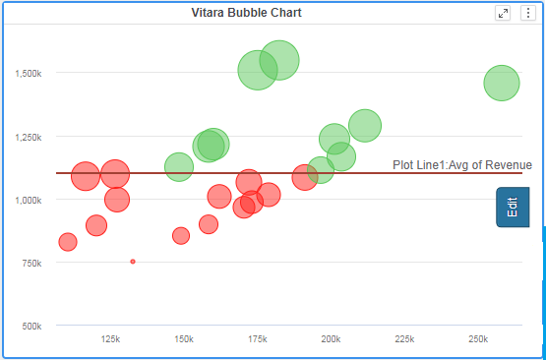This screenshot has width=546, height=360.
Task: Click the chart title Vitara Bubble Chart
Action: point(246,13)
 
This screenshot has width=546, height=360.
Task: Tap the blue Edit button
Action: point(513,208)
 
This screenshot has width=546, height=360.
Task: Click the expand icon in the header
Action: point(504,13)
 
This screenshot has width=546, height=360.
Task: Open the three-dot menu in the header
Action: point(527,13)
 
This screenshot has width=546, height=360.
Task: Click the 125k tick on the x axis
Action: point(111,339)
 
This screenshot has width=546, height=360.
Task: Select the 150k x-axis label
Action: point(184,339)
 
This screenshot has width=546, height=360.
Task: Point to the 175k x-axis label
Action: point(258,339)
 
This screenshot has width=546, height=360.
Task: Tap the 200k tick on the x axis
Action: point(331,339)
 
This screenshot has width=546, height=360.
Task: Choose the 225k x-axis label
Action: point(404,339)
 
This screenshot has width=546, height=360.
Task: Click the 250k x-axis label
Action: point(477,339)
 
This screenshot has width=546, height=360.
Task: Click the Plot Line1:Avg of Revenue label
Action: point(461,165)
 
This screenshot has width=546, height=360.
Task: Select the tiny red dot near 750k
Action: point(133,262)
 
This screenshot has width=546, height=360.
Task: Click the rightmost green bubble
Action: point(502,84)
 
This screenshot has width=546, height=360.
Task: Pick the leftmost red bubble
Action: point(68,242)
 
